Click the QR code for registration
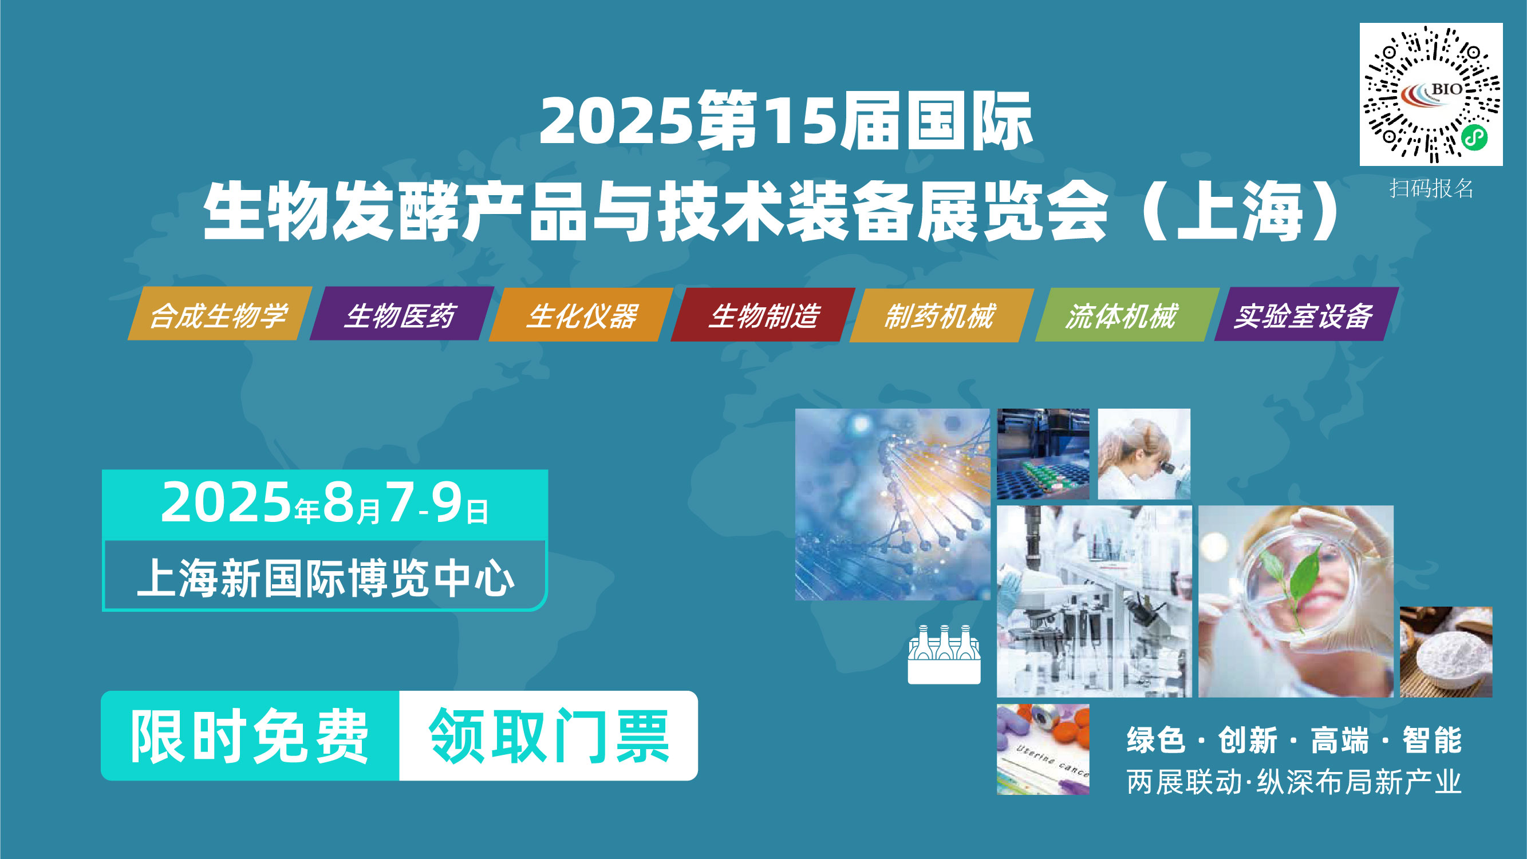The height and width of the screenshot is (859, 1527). pyautogui.click(x=1430, y=94)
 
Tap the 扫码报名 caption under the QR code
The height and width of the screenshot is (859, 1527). pyautogui.click(x=1431, y=188)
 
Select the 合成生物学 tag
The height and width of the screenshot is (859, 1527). pyautogui.click(x=219, y=315)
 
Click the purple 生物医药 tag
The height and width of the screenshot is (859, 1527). pyautogui.click(x=401, y=315)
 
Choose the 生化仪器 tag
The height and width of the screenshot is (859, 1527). pyautogui.click(x=582, y=315)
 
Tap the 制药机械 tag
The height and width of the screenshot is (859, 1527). pyautogui.click(x=941, y=315)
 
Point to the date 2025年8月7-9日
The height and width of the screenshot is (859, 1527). pyautogui.click(x=324, y=504)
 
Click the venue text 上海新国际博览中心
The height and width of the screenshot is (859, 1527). pyautogui.click(x=324, y=577)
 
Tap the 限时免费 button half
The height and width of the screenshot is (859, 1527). pyautogui.click(x=250, y=736)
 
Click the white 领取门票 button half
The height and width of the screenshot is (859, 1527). pyautogui.click(x=549, y=736)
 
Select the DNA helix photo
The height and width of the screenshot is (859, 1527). pyautogui.click(x=892, y=504)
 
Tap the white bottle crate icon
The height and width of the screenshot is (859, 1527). pyautogui.click(x=944, y=655)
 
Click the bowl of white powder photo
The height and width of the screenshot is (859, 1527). pyautogui.click(x=1446, y=652)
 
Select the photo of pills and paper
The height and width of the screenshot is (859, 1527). pyautogui.click(x=1043, y=749)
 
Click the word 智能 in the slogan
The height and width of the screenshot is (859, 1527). pyautogui.click(x=1431, y=741)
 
